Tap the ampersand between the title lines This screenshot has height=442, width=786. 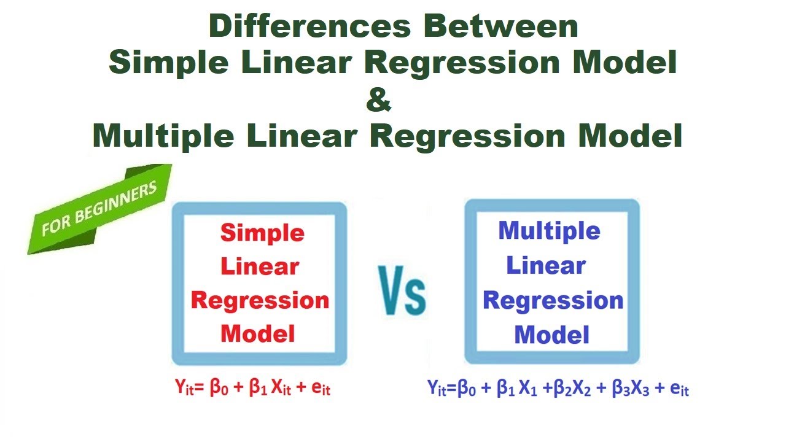pyautogui.click(x=379, y=99)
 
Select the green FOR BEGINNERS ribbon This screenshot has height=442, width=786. pyautogui.click(x=98, y=209)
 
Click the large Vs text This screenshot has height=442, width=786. pyautogui.click(x=402, y=291)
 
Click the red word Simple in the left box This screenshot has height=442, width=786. pyautogui.click(x=262, y=233)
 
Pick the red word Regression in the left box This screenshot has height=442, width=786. pyautogui.click(x=260, y=300)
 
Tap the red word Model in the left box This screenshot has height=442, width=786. pyautogui.click(x=259, y=333)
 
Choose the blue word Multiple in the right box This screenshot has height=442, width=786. pyautogui.click(x=549, y=231)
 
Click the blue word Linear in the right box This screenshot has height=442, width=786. pyautogui.click(x=545, y=265)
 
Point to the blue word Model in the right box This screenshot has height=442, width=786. pyautogui.click(x=551, y=335)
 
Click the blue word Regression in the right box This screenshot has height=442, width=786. pyautogui.click(x=553, y=300)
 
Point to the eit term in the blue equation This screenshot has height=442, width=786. pyautogui.click(x=679, y=388)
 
